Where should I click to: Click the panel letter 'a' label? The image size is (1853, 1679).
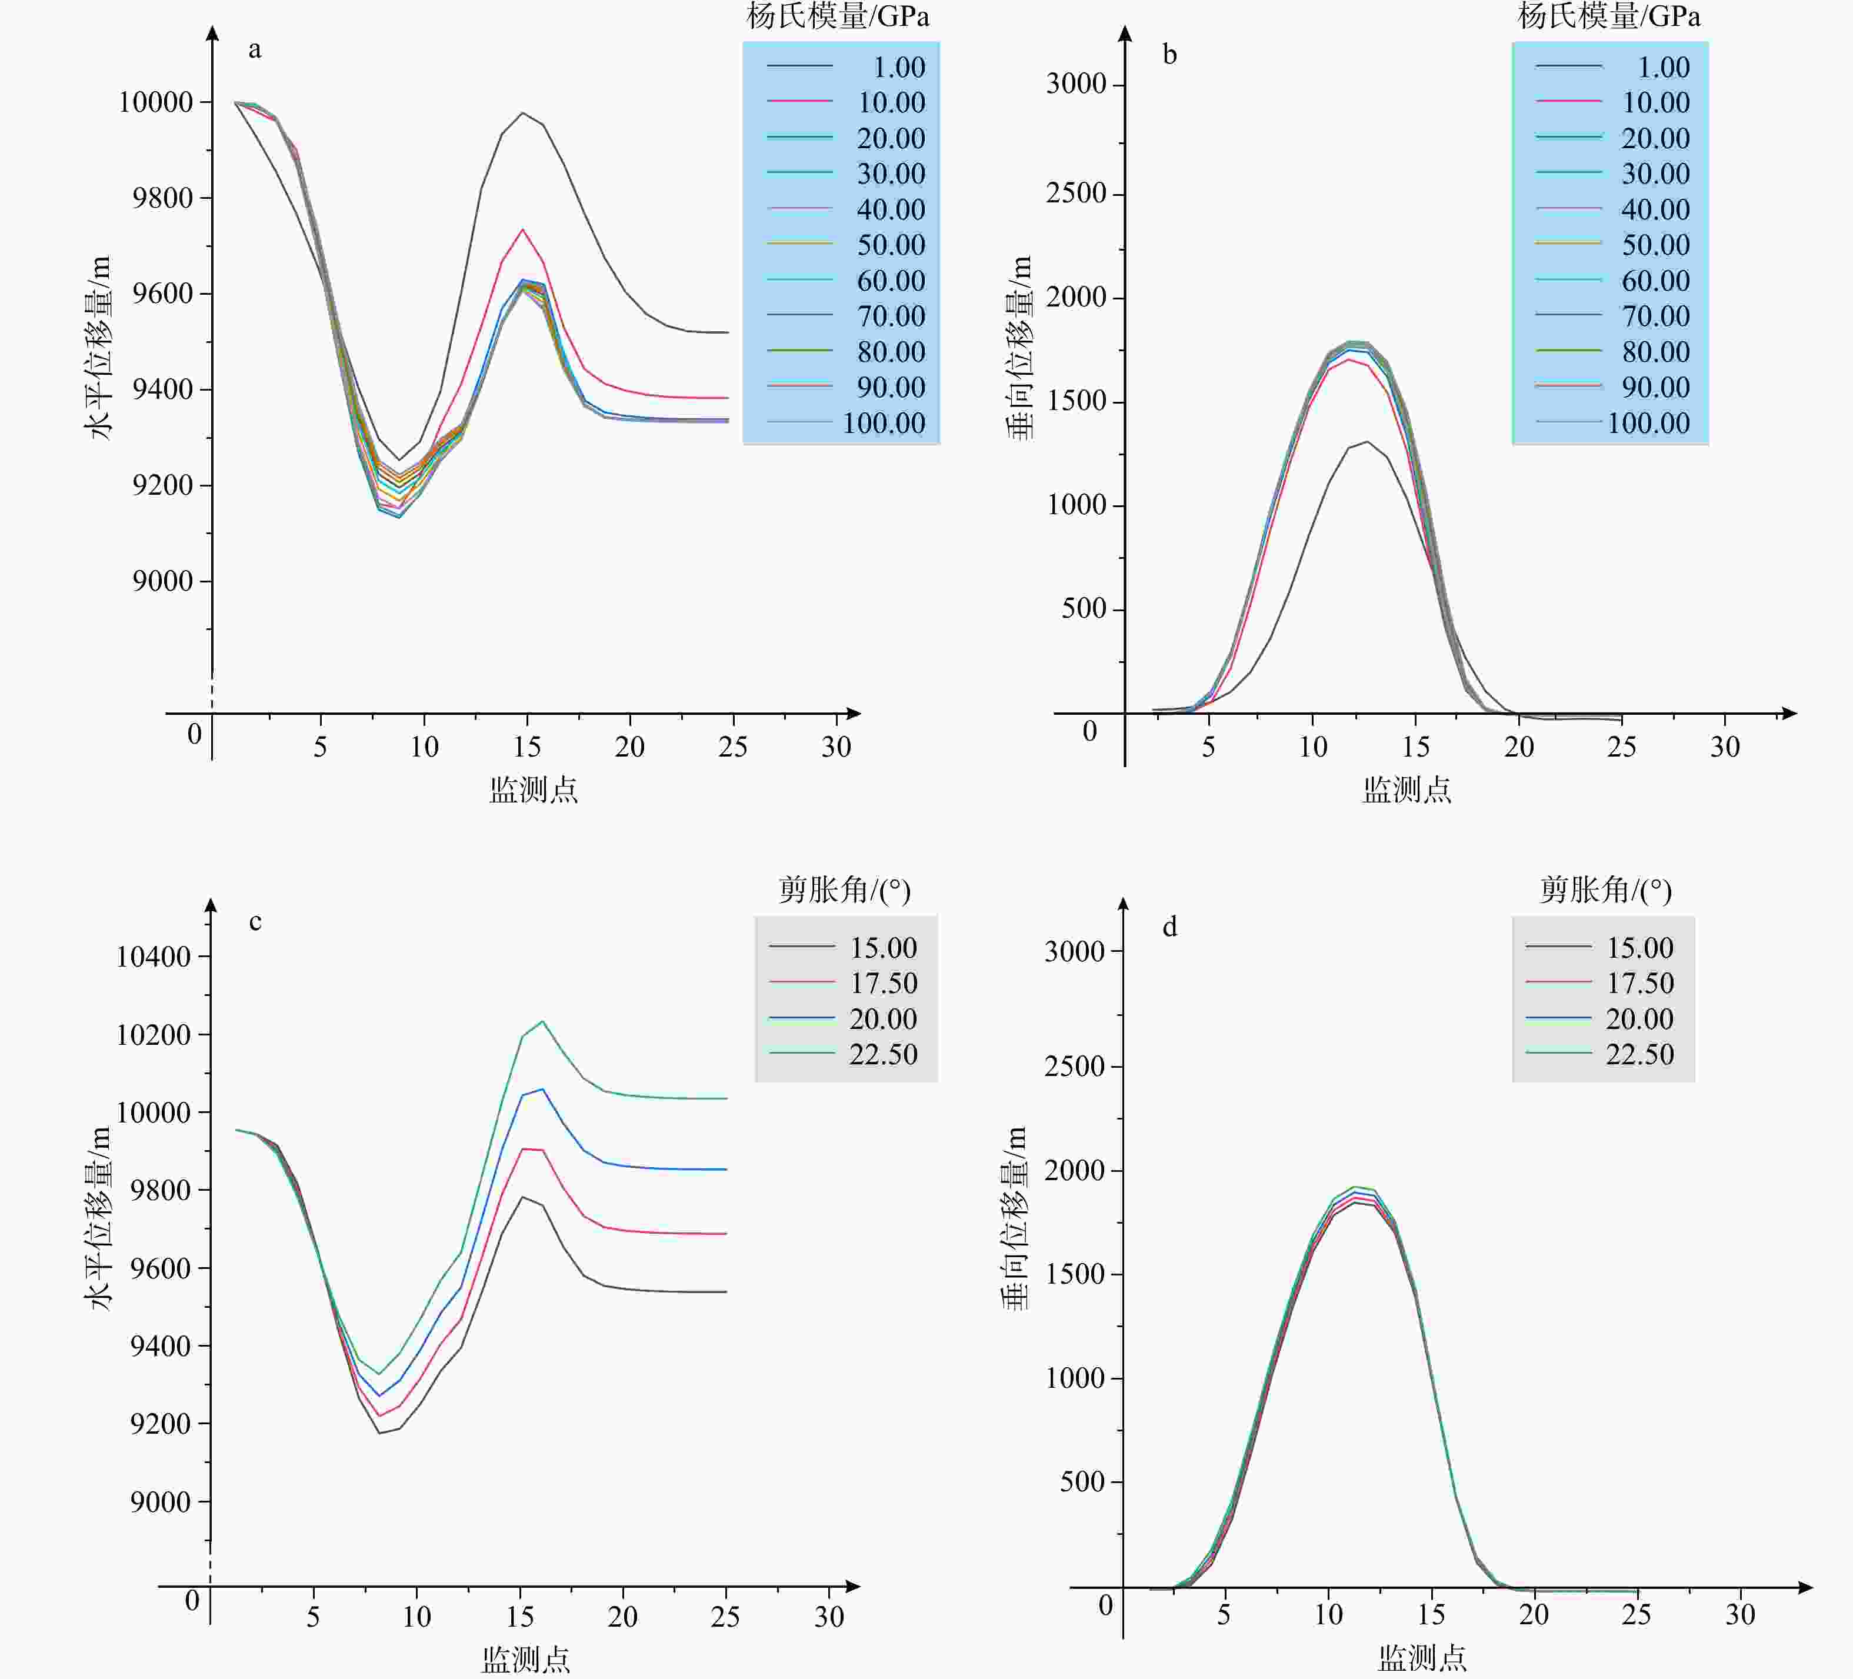coord(255,49)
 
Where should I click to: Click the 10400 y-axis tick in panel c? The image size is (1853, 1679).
coord(152,957)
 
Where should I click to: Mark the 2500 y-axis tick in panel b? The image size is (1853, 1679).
coord(1075,193)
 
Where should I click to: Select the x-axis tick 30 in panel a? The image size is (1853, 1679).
coord(835,746)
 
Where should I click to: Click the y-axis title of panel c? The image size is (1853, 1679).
coord(98,1218)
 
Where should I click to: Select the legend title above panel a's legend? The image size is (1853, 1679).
coord(837,16)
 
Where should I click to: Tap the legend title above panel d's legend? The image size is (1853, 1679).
coord(1605,889)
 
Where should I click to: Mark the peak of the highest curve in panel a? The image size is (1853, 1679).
coord(523,113)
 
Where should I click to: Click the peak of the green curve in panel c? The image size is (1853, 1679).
coord(542,1021)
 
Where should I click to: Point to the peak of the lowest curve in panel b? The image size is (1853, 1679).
coord(1368,442)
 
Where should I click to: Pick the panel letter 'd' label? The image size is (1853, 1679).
coord(1169,927)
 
